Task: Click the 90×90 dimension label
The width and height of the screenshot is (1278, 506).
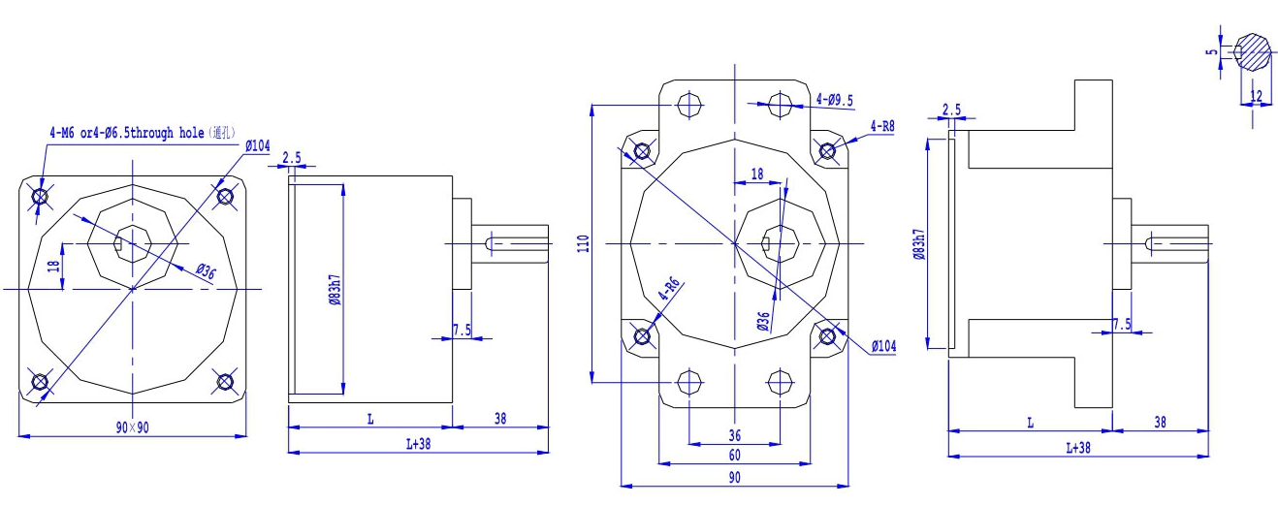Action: coord(133,427)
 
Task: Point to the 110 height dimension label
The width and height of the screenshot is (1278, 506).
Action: coord(583,243)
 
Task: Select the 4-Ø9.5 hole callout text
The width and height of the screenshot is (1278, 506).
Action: coord(834,100)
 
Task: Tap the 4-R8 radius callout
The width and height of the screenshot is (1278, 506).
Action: coord(882,126)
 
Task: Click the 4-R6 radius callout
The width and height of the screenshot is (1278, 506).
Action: coord(669,289)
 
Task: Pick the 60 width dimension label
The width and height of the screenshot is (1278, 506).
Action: coord(734,456)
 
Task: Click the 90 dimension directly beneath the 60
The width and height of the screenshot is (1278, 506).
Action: coord(734,478)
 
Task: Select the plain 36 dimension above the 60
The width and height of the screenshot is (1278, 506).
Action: coord(734,436)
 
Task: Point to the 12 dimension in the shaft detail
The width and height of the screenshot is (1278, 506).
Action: coord(1257,96)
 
